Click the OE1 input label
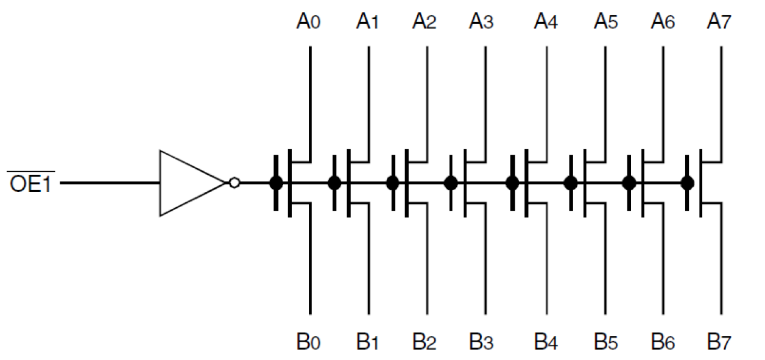(30, 183)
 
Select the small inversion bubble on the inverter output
(233, 183)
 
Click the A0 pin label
(309, 23)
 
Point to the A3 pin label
(481, 23)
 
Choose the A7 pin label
(719, 23)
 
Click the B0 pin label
(309, 342)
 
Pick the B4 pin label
(546, 342)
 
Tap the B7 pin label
(719, 342)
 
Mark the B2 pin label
(425, 342)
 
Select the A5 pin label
(605, 23)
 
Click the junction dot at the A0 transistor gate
(275, 183)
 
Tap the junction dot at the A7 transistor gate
(687, 183)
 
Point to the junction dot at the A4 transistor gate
(512, 183)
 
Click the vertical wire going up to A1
(368, 97)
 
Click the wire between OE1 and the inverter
(110, 183)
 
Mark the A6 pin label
(663, 23)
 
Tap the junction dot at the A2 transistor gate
(392, 183)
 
